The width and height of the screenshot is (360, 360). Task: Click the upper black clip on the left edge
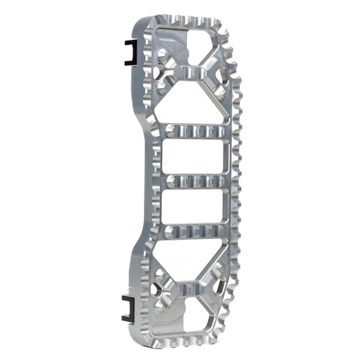128,51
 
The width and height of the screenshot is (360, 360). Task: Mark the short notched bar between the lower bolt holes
190,292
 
